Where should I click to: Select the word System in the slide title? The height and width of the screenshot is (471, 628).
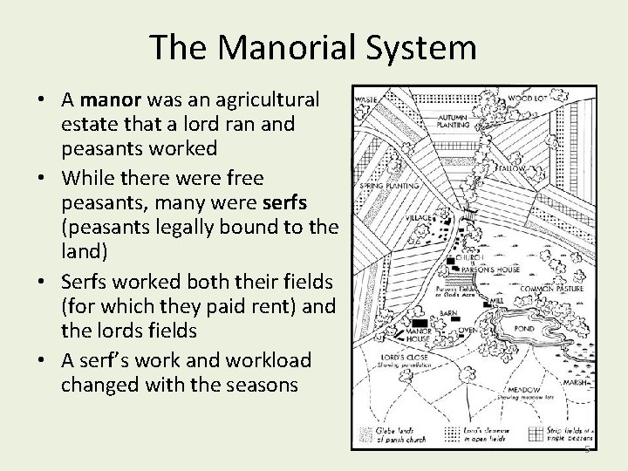[x=425, y=47]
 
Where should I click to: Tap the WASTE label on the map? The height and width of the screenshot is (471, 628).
[x=365, y=99]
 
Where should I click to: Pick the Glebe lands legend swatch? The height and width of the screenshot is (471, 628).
[x=367, y=432]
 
